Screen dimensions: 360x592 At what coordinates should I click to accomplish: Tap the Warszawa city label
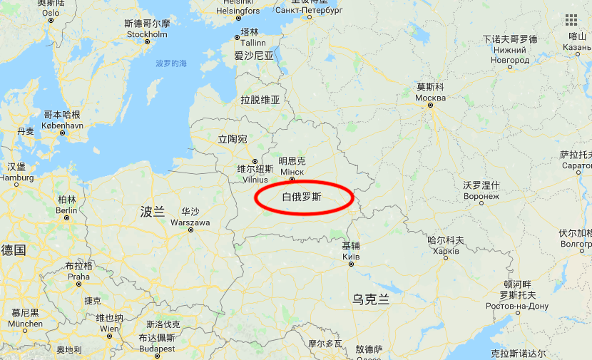pos(190,222)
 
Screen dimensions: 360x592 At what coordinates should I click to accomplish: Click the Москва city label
pos(430,98)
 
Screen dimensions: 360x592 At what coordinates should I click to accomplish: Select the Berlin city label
pos(66,210)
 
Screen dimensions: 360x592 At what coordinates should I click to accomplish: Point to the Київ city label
pos(351,256)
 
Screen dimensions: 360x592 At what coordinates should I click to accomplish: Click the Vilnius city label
pos(255,180)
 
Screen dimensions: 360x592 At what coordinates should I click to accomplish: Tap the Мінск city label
pos(292,173)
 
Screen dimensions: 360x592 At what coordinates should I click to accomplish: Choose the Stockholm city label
pos(147,34)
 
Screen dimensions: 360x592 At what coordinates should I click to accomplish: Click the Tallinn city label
pos(250,43)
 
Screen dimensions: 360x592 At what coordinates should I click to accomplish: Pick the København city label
pos(63,125)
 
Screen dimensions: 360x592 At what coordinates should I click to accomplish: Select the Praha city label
pos(78,277)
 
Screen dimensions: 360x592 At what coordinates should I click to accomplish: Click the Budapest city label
pos(157,349)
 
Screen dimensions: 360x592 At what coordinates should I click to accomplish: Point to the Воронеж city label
pos(481,196)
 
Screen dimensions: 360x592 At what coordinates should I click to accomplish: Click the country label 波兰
pos(152,211)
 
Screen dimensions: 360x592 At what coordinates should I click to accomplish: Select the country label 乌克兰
pos(371,299)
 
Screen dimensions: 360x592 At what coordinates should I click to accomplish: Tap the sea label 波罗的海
pos(171,64)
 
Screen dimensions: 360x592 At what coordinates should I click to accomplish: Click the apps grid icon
pos(571,19)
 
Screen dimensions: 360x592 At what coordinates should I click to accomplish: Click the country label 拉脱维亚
pos(260,100)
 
